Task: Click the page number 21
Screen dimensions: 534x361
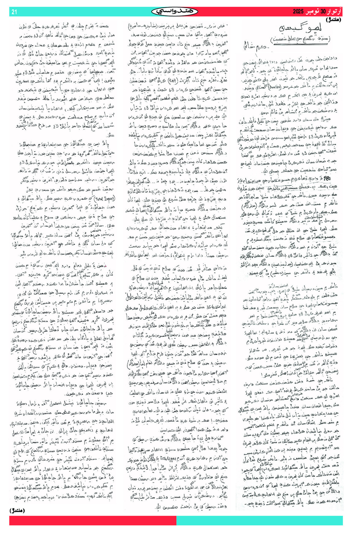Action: [x=14, y=12]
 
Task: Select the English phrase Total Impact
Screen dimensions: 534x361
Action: [x=105, y=198]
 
